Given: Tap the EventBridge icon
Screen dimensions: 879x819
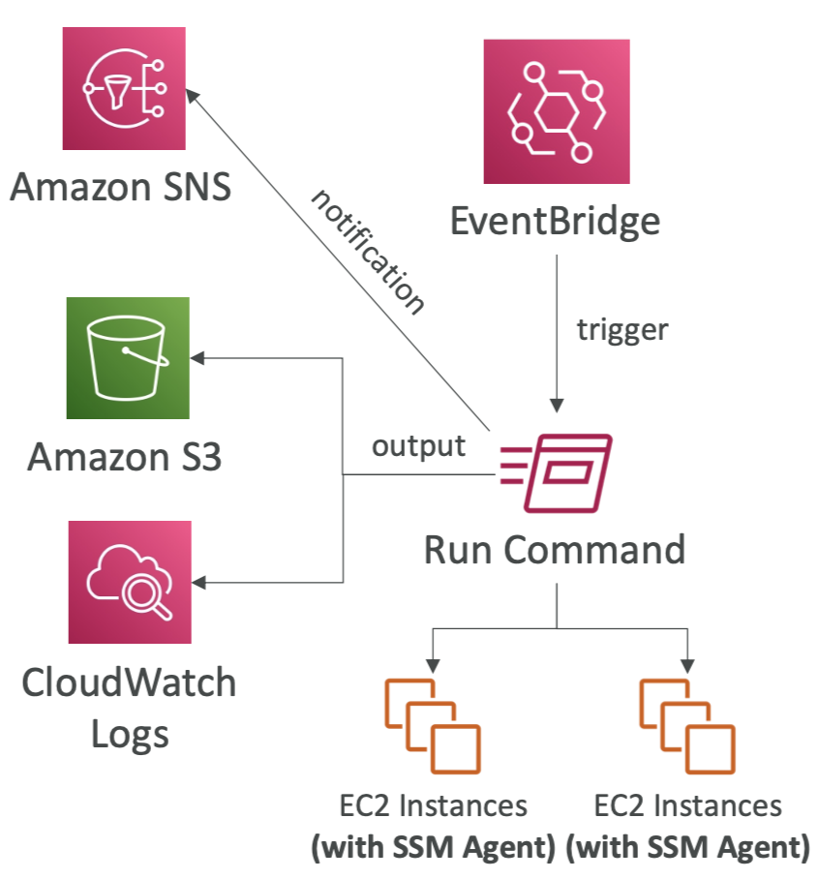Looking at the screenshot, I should (x=556, y=111).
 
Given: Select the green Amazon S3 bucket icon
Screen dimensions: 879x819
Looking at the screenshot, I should (x=128, y=358).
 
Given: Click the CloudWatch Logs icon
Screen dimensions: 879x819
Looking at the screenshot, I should (x=130, y=582).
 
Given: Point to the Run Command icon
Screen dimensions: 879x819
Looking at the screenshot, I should (x=555, y=472).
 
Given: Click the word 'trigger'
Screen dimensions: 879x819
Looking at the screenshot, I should (x=622, y=329).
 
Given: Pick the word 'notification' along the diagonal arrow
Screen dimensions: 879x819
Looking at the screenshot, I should (x=368, y=252).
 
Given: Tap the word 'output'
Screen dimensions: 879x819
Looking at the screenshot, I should (x=418, y=446).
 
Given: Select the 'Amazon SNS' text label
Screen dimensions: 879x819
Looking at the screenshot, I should (x=121, y=186).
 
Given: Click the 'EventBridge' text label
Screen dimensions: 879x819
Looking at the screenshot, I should (x=556, y=222).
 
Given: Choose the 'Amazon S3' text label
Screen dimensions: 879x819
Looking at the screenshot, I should (x=125, y=456).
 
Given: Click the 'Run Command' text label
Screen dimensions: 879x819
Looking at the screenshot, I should (x=555, y=550).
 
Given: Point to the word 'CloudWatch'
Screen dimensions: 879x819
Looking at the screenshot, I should (x=129, y=682).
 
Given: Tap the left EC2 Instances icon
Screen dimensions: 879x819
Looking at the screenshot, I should (x=433, y=723).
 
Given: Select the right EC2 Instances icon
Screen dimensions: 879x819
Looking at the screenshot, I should (x=687, y=723).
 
